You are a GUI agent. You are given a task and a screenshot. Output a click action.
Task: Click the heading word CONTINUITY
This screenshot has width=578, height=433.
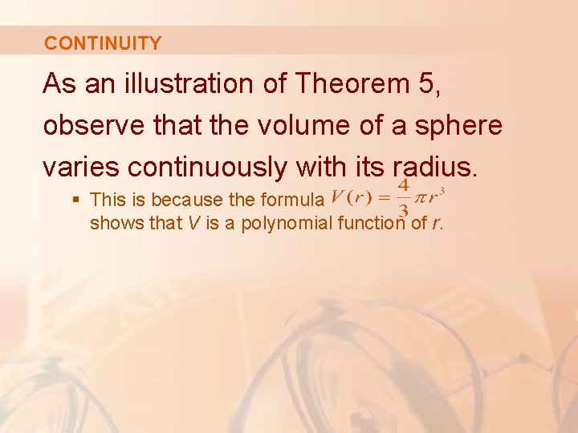click(x=103, y=43)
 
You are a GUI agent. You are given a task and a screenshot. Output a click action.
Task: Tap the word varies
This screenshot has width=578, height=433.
click(x=83, y=167)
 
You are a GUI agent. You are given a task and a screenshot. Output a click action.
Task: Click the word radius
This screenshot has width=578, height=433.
click(x=433, y=167)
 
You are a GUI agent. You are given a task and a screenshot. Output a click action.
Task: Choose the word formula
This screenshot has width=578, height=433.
click(x=295, y=199)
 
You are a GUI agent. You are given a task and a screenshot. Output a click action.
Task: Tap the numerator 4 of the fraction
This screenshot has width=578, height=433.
click(x=404, y=185)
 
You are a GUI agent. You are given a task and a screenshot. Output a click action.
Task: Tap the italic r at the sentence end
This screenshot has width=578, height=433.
click(x=435, y=224)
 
